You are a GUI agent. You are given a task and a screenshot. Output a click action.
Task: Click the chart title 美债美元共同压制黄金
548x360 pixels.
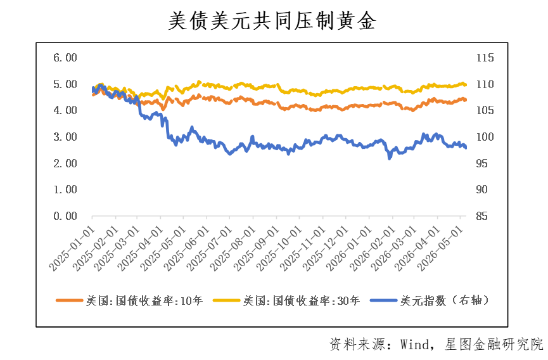coord(272,21)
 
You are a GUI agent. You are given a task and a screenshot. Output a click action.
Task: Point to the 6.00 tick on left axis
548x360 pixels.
coord(65,58)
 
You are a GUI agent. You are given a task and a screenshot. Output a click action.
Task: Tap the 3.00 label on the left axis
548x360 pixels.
coord(65,137)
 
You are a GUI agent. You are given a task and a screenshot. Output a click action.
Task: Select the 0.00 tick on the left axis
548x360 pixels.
coord(65,216)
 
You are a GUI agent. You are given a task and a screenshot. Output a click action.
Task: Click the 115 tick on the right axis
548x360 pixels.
coord(485,58)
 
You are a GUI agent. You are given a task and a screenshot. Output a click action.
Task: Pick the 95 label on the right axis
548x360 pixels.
coord(481,164)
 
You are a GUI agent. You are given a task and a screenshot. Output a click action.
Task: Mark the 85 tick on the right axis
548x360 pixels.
coord(481,216)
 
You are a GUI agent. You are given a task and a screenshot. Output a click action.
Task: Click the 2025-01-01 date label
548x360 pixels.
coord(72,248)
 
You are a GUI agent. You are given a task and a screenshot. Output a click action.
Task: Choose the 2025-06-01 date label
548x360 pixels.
coord(187,248)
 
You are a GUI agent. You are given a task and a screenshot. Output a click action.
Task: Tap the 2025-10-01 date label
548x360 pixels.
coord(279,248)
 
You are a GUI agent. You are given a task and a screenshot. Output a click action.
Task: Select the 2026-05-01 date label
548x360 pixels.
coord(441,248)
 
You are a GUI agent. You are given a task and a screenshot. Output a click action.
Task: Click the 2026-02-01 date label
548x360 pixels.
coord(373,248)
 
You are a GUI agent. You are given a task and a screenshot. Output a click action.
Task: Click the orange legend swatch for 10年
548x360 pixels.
coord(70,300)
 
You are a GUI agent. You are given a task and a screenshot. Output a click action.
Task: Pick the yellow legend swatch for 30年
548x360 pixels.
coord(226,300)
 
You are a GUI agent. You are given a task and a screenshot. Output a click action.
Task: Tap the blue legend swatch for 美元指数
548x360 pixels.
coord(383,300)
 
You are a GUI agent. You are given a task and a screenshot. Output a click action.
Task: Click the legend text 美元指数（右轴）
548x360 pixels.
coord(445,300)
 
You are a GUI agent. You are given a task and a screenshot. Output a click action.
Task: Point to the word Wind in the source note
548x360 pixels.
coord(414,345)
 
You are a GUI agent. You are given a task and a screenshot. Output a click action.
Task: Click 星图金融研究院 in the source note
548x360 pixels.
coord(494,345)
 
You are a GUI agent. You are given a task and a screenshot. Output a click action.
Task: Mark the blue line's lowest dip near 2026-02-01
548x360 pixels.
coord(390,158)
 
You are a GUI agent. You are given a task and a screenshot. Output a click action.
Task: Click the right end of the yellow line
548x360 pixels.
coord(466,84)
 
